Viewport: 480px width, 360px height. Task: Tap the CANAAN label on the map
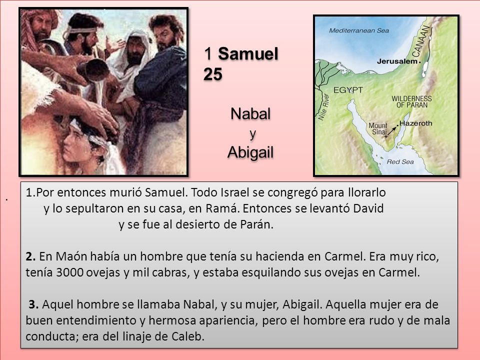coord(422,40)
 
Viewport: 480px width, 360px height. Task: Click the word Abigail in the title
coord(251,151)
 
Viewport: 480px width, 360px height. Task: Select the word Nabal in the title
coord(250,113)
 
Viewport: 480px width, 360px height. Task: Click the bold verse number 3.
coord(34,304)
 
